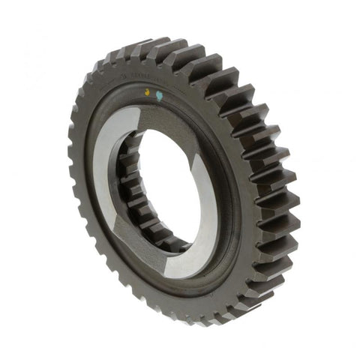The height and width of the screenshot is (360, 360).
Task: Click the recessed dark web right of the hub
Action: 229,195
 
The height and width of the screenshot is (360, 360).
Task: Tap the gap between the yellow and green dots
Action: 154,95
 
